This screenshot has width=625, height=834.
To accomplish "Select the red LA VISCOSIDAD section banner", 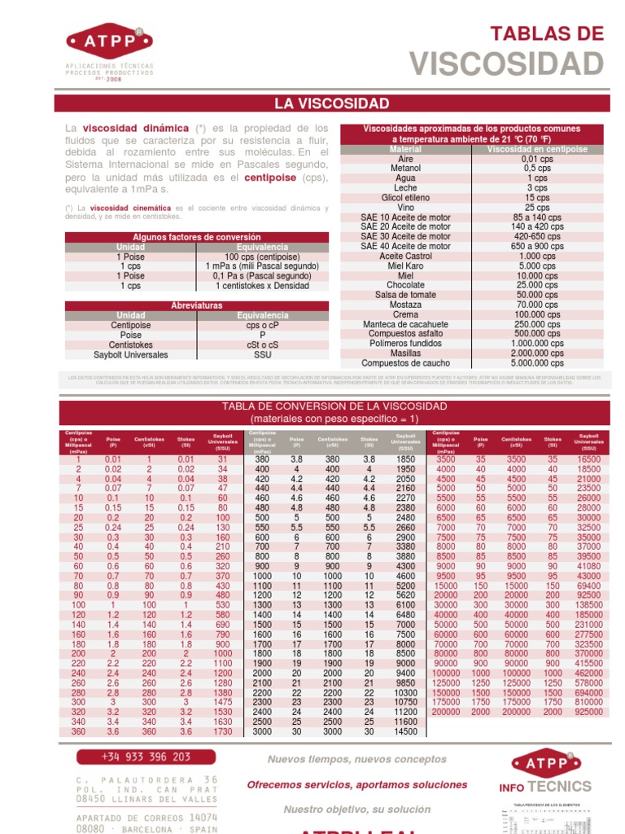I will click(x=331, y=103).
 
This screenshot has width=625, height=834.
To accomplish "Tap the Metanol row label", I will click(x=405, y=168).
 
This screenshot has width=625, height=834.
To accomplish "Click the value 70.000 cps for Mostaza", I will click(x=536, y=305).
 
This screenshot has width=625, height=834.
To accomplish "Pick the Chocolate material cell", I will click(x=405, y=285).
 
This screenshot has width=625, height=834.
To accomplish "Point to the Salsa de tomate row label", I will click(x=405, y=295).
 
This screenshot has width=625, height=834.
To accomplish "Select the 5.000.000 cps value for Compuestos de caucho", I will click(x=536, y=363).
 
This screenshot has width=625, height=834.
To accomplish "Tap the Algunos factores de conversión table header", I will click(x=197, y=237).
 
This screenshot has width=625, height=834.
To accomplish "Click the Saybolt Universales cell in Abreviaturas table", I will click(x=130, y=355).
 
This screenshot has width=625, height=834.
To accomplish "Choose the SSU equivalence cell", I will click(x=262, y=355).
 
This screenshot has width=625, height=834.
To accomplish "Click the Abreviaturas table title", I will click(x=197, y=305).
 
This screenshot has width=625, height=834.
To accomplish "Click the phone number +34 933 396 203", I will click(x=146, y=757).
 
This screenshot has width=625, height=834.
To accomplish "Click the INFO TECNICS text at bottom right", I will click(x=545, y=787).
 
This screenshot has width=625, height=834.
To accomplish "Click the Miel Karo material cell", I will click(x=405, y=266).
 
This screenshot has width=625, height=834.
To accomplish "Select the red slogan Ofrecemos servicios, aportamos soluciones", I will click(x=357, y=784).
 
